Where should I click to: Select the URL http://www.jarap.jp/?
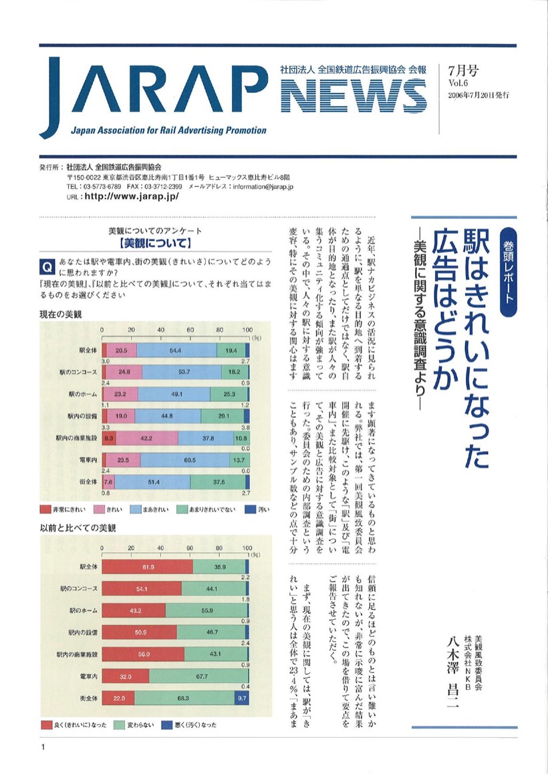[132, 198]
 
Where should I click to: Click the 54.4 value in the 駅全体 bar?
[176, 351]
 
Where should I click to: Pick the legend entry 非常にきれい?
[63, 510]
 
